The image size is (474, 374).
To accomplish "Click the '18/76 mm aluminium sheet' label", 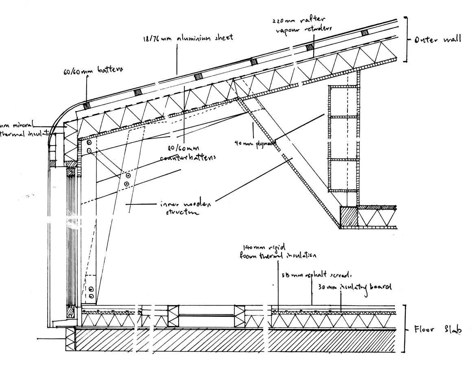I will coord(188,38).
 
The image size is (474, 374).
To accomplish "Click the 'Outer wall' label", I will coord(437,39).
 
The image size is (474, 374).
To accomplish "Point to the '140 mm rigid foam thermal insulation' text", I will coord(279,252).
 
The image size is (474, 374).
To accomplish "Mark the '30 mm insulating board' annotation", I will coord(353,287).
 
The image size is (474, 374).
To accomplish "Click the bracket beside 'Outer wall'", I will coord(406,39).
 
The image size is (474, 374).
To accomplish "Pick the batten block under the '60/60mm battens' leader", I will coord(86,105).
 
